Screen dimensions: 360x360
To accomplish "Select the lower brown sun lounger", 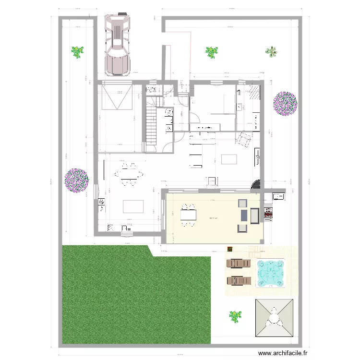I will [239, 280].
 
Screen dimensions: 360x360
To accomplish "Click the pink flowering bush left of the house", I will [77, 180].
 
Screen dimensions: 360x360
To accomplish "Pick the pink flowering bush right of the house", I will [285, 103].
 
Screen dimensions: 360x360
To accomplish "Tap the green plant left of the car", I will [77, 51].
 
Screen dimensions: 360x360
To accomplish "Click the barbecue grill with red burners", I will [268, 211].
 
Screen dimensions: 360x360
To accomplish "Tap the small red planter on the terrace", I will [230, 249].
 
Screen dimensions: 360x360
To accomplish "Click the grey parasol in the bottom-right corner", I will [274, 319].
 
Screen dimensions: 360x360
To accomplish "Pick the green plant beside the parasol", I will [235, 316].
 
